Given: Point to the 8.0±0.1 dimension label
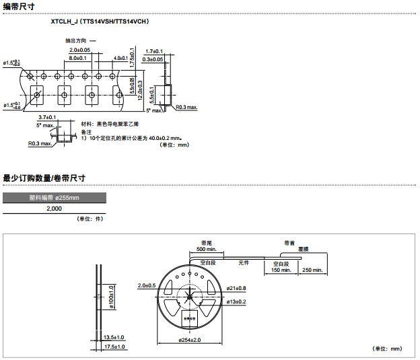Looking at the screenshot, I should tap(80, 59).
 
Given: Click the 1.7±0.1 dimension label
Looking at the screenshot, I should tap(154, 51).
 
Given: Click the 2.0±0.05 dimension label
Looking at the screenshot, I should tap(79, 50).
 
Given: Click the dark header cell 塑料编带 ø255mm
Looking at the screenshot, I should tap(54, 198).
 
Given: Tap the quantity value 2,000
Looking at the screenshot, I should tap(54, 209).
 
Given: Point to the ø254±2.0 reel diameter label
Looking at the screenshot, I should tap(190, 340).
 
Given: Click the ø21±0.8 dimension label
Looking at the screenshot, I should tap(237, 289).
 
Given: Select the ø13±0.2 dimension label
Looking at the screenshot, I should tap(237, 301).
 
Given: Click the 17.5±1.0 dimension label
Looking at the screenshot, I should tap(114, 347).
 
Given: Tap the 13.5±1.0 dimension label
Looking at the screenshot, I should tap(114, 336).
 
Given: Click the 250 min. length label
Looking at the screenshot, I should tap(313, 270).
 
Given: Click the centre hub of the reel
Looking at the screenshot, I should tap(190, 296).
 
